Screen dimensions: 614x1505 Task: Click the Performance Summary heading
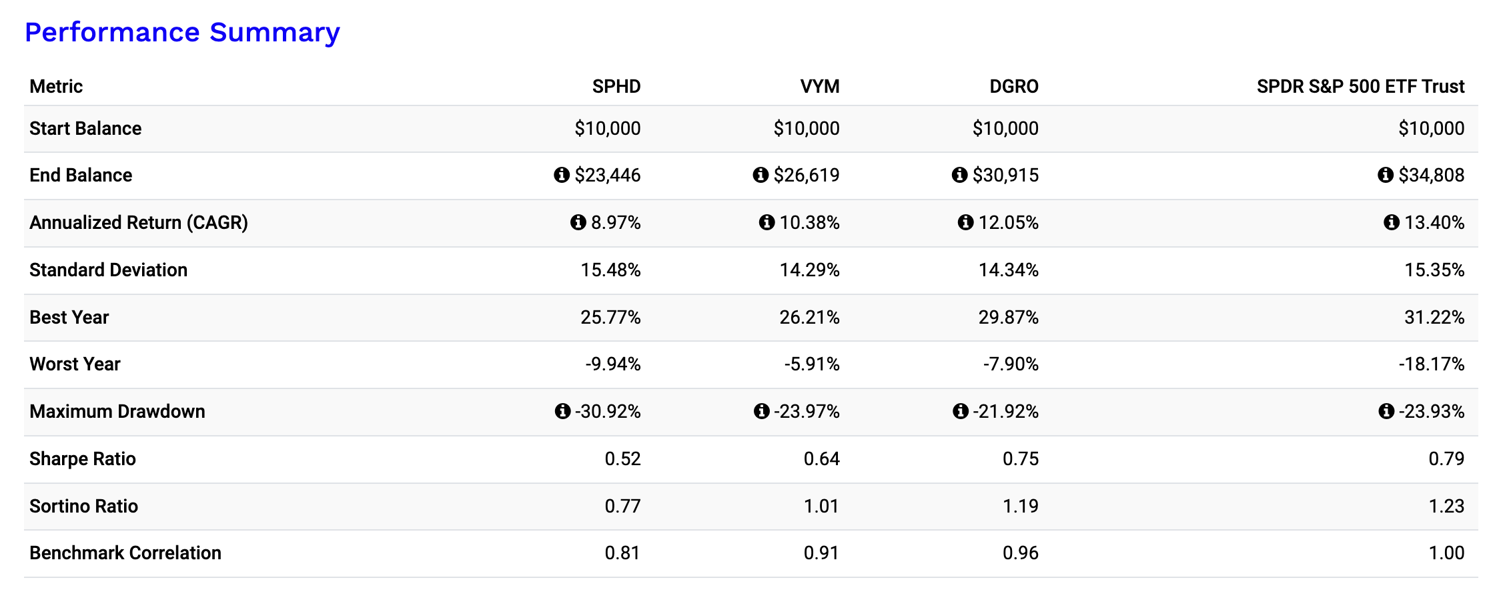[x=182, y=32]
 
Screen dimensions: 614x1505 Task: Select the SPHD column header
[x=616, y=86]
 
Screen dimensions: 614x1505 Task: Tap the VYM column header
[x=819, y=86]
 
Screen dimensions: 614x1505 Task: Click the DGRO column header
[x=1013, y=86]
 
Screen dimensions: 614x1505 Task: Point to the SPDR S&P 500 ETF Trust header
[x=1360, y=86]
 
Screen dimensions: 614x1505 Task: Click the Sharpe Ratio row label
[x=83, y=458]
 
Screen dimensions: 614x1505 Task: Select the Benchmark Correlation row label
[x=125, y=553]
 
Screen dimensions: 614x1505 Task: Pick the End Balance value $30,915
[x=1005, y=175]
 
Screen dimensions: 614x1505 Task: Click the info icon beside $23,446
[x=562, y=175]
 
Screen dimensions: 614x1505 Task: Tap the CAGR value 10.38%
[x=809, y=222]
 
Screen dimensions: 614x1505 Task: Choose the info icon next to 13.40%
[x=1391, y=222]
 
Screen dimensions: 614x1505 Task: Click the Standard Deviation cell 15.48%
[x=610, y=270]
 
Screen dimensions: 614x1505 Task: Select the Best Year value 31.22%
[x=1434, y=317]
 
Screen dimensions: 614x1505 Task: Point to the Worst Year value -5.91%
[x=812, y=364]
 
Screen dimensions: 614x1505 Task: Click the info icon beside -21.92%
[x=960, y=411]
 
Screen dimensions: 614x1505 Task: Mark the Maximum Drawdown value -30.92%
[x=608, y=411]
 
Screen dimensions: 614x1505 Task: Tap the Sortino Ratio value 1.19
[x=1020, y=506]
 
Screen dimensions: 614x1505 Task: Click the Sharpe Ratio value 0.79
[x=1446, y=458]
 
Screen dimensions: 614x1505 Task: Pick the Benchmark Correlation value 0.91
[x=821, y=553]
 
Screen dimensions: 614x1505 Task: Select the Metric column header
[x=56, y=86]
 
